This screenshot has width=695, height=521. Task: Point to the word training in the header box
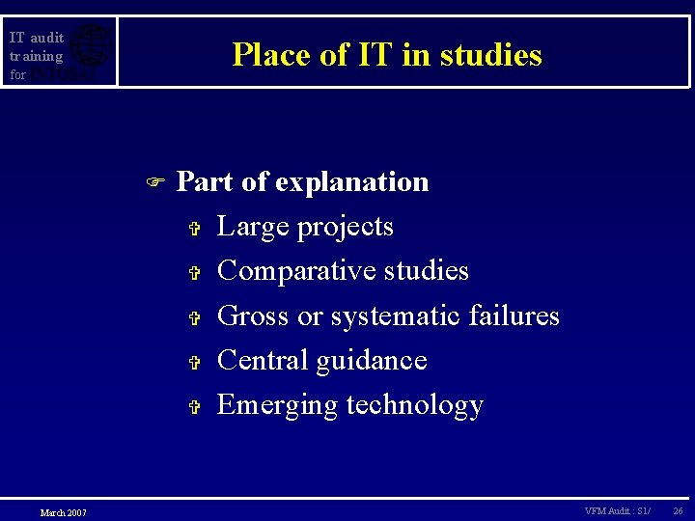[36, 56]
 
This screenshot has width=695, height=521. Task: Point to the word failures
[514, 315]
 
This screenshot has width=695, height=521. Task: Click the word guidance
[372, 361]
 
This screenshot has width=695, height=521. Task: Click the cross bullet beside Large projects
[193, 229]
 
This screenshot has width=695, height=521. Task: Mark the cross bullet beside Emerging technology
[193, 407]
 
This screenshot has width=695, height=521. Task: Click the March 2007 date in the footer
[63, 512]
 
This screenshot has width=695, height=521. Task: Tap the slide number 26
[678, 510]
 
